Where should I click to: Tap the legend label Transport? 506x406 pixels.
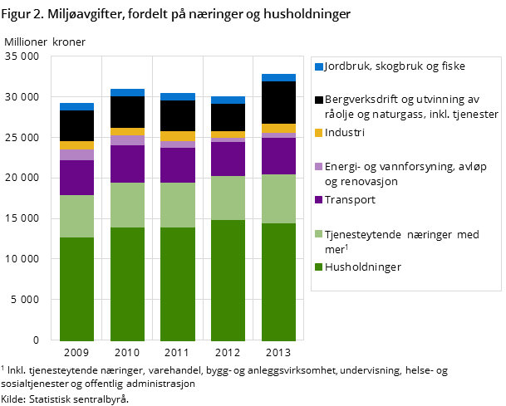point(351,199)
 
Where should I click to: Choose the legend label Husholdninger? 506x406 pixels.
point(363,267)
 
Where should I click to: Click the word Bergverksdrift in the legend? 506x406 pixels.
point(363,100)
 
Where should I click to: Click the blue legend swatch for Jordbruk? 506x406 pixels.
point(318,66)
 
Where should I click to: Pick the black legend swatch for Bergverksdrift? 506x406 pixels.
point(318,100)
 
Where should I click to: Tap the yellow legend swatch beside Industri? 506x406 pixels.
point(318,133)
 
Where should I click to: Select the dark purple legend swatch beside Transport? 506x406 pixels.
point(318,200)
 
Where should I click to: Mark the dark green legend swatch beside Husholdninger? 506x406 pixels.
point(318,267)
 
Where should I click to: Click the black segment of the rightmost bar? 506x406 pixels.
point(279,102)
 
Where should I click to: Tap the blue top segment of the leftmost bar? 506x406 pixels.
point(76,106)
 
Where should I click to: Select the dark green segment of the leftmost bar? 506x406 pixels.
point(76,288)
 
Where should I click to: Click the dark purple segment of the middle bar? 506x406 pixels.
point(178,164)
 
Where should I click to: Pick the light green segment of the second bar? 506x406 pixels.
point(127,204)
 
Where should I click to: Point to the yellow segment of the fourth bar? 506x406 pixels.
point(228,135)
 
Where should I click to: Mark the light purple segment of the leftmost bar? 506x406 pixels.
point(76,154)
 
